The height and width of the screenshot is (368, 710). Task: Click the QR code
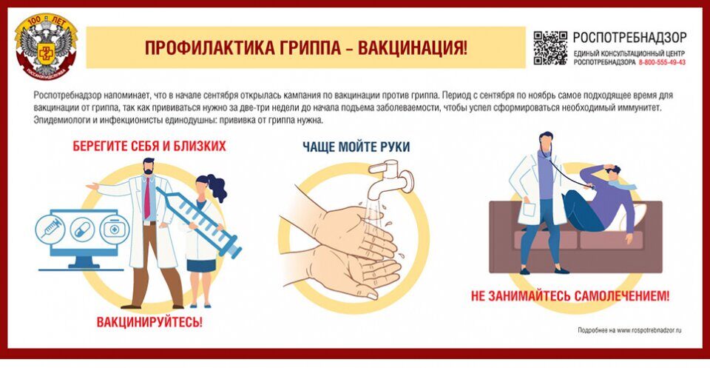tap(550, 47)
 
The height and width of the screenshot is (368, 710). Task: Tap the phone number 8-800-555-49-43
tap(662, 62)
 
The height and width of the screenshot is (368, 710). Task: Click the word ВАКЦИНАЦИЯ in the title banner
tap(413, 47)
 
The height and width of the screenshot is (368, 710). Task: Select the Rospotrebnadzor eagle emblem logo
tap(46, 47)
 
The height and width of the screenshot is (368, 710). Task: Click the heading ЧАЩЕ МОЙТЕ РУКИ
tap(356, 147)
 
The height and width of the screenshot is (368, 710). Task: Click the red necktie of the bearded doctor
tap(146, 198)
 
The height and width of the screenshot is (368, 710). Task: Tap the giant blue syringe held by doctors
tap(198, 221)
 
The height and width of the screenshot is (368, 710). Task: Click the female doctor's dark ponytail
tap(217, 187)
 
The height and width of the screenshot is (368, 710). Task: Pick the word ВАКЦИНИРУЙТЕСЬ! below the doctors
tap(149, 322)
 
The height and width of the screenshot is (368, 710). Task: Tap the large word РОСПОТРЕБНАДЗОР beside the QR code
tap(629, 37)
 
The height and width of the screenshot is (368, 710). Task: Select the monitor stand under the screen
tap(81, 263)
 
